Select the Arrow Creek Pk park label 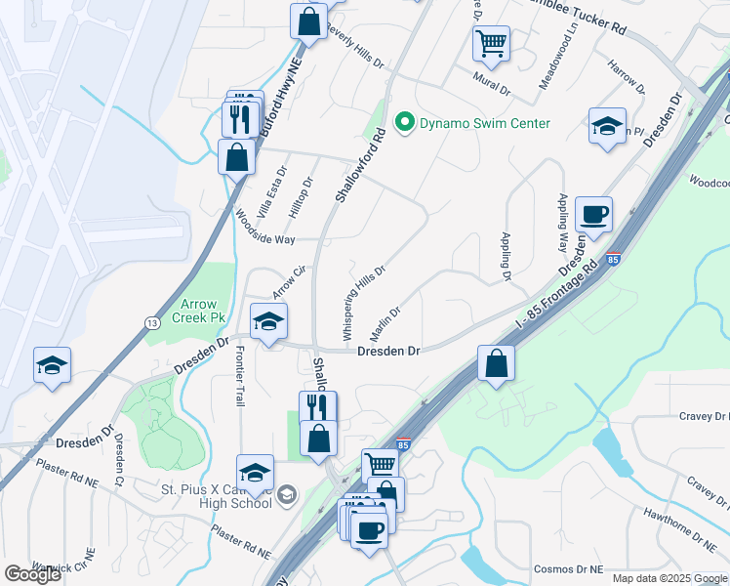[x=206, y=312]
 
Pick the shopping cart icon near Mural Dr [x=491, y=42]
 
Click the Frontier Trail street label [x=239, y=376]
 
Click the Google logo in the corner [x=32, y=574]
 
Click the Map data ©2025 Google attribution [x=670, y=578]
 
